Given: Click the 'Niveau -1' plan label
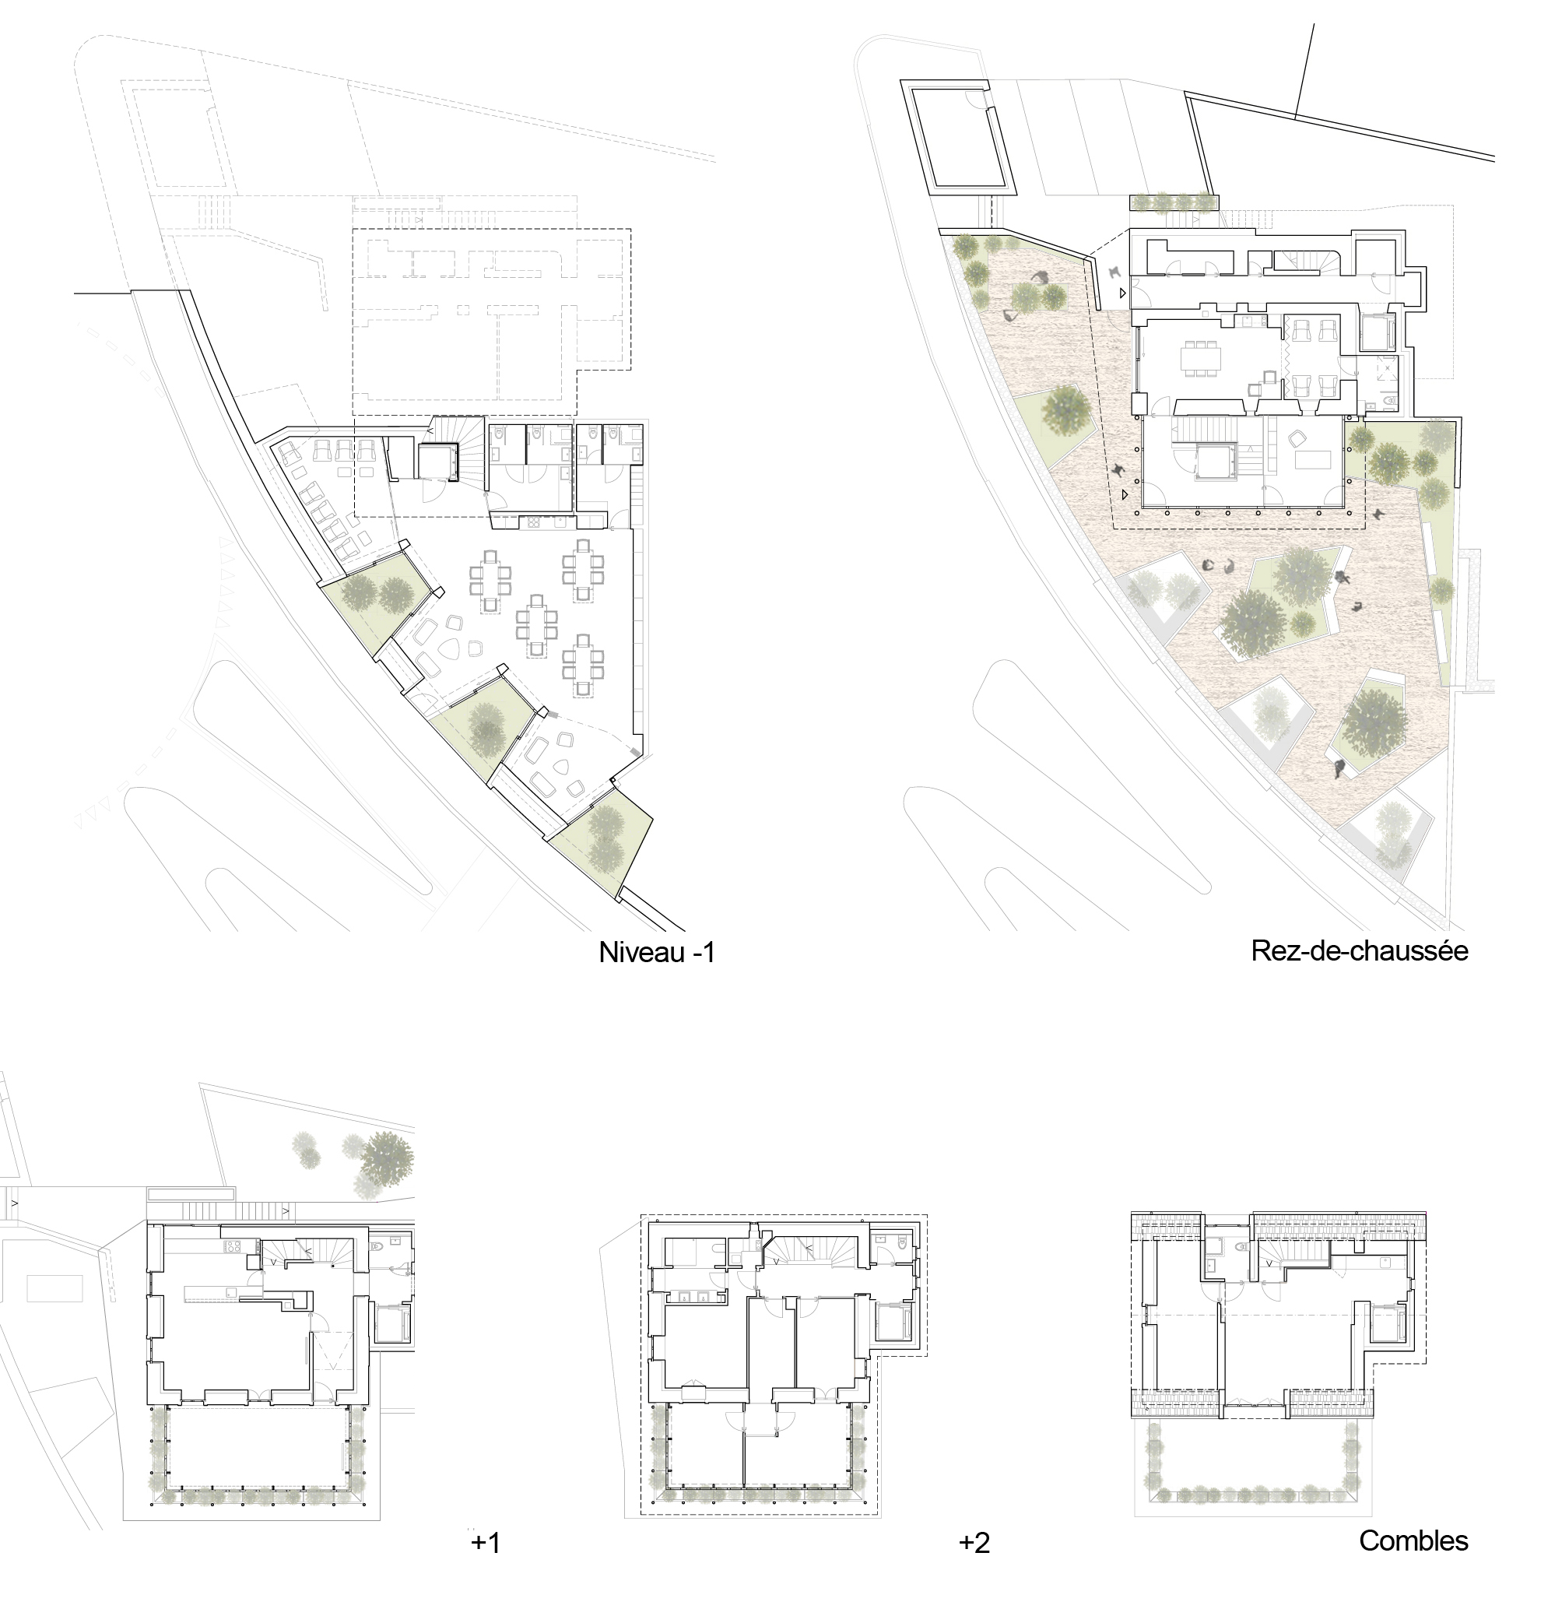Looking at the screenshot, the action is coord(656,952).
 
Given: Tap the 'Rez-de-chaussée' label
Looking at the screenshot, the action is coord(1359,950).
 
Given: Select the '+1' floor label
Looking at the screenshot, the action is coord(486,1543).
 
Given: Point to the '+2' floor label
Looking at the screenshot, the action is coord(974,1543).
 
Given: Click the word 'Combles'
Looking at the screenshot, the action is coord(1413,1540).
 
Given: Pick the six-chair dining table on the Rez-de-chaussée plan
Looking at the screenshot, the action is coord(1202,358).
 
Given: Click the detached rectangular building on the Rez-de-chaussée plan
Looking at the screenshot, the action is coord(964,139).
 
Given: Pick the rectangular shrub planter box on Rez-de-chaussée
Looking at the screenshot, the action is coord(1174,202).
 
